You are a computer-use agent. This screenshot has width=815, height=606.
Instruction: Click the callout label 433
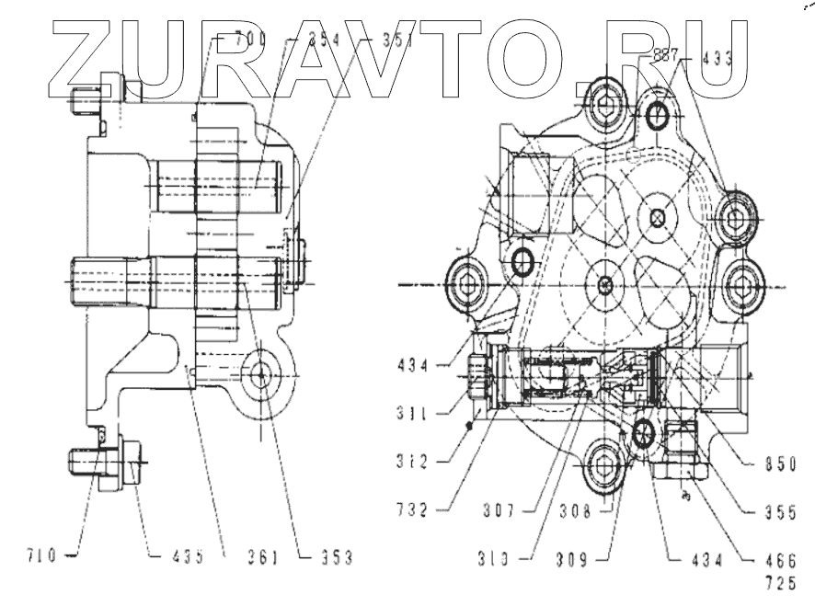717,56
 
